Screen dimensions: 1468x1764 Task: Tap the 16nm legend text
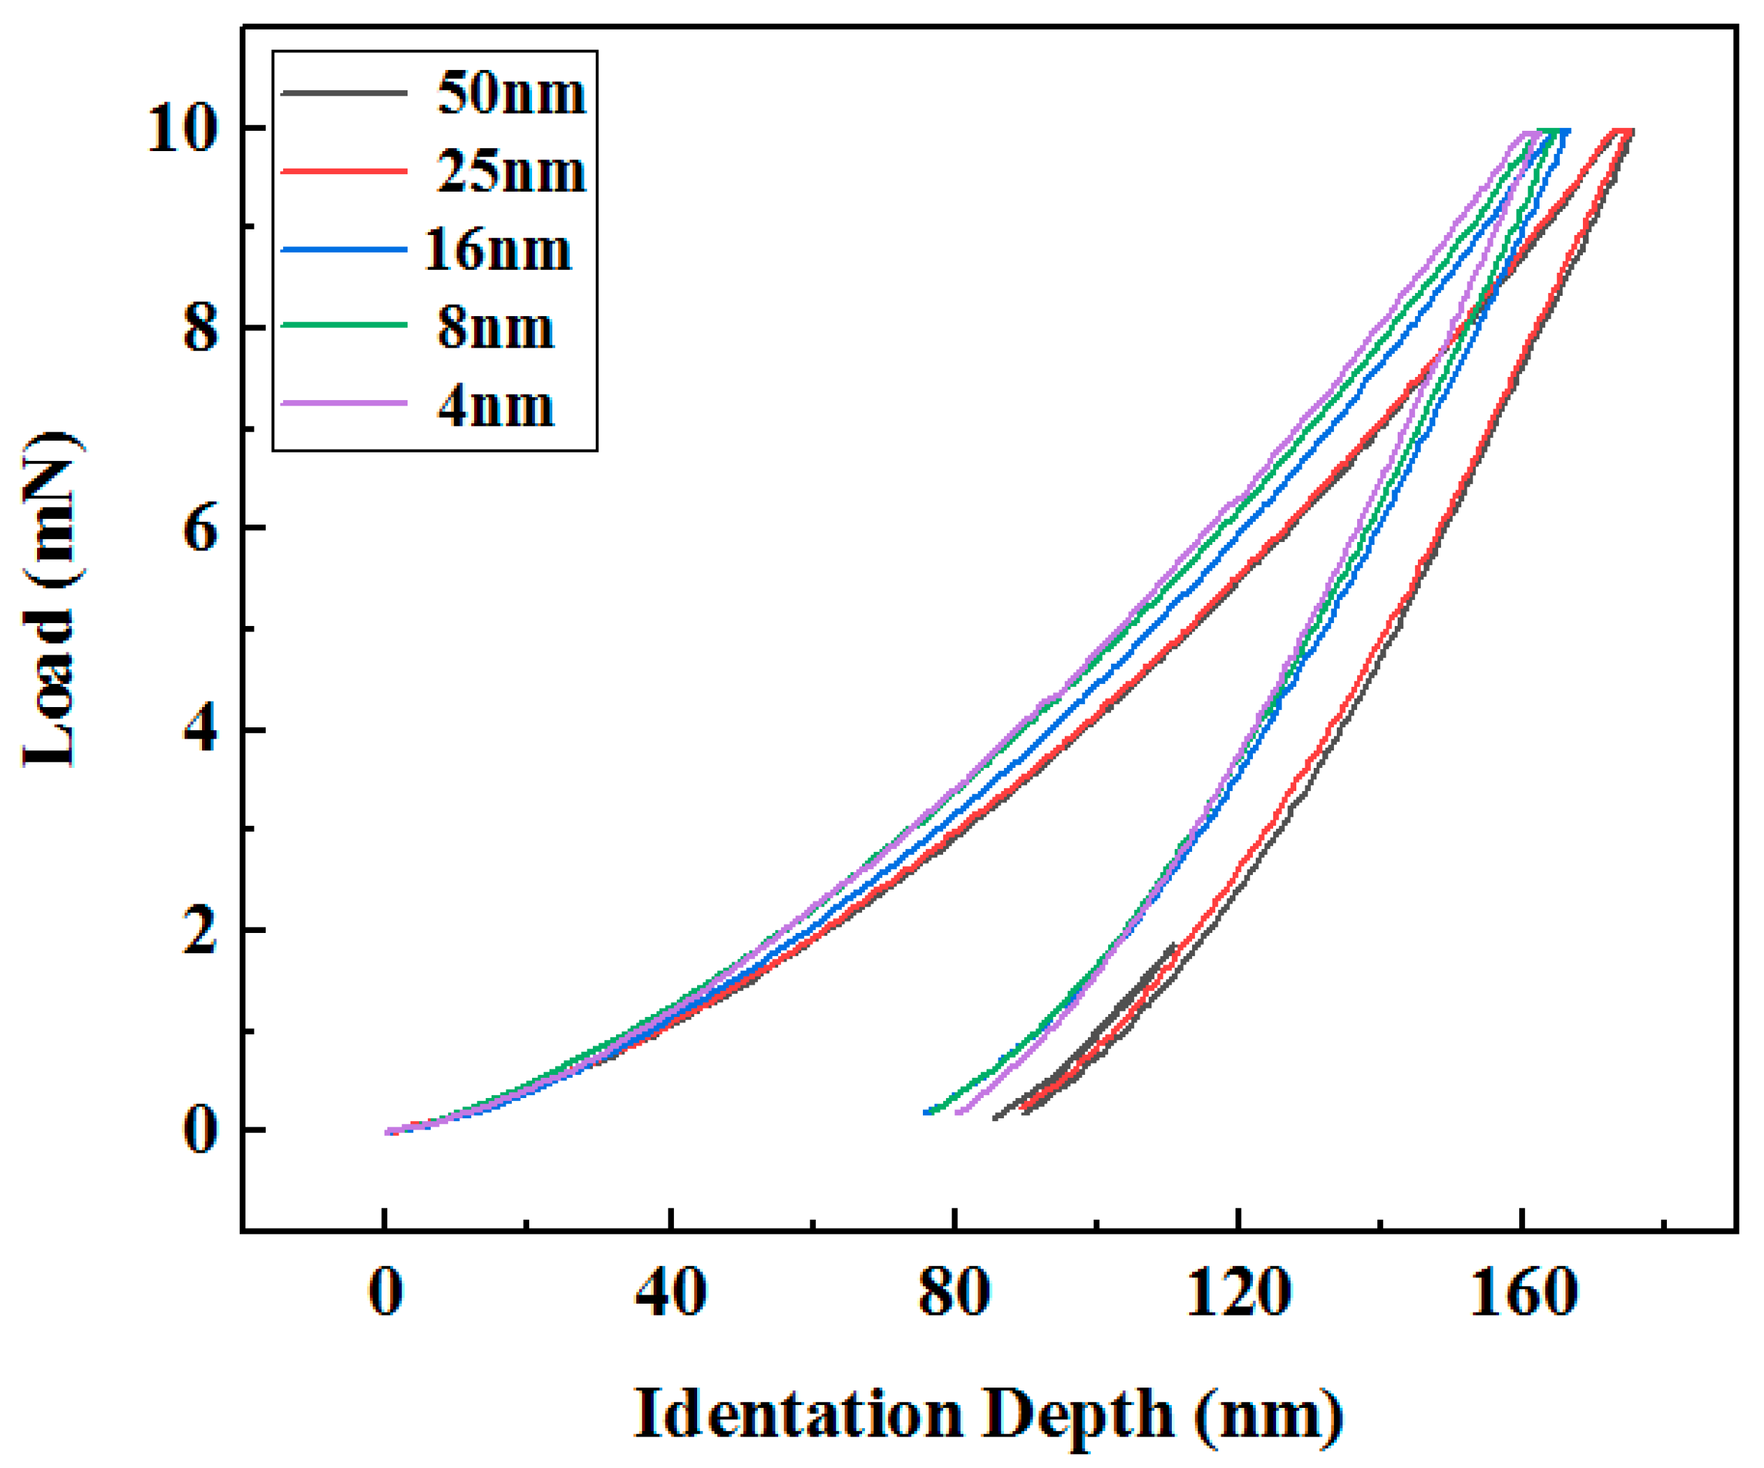498,250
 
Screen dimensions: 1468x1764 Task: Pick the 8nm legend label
496,328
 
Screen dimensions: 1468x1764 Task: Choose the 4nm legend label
496,407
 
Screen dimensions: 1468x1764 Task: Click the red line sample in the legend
345,171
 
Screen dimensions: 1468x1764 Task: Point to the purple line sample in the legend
345,404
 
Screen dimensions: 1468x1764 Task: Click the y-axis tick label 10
182,130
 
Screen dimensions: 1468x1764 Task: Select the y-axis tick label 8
200,329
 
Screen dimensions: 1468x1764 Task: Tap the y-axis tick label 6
200,529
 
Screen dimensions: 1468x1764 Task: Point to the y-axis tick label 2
200,930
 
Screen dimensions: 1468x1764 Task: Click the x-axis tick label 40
670,1292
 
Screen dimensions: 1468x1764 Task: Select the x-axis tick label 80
954,1292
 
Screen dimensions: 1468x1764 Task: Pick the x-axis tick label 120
1238,1292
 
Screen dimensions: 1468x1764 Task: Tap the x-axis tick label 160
1521,1292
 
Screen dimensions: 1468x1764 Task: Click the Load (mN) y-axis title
52,600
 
